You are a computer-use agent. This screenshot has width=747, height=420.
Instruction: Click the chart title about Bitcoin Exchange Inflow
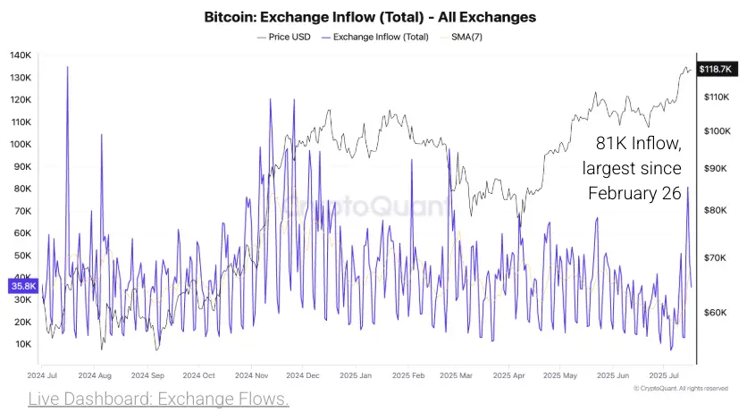370,17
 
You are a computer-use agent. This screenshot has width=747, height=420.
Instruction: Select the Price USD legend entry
288,37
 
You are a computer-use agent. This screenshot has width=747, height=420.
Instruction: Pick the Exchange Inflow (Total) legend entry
380,37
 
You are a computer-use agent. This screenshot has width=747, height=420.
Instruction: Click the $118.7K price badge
716,69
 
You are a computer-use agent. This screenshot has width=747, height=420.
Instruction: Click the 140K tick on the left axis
21,55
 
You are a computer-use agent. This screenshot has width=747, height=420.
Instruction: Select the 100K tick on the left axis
21,144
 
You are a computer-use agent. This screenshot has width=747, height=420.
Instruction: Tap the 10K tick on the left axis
22,344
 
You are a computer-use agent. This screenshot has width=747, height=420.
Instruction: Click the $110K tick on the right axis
718,96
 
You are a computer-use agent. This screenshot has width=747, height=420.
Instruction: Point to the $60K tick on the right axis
718,313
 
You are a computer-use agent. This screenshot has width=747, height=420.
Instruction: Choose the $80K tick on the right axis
718,210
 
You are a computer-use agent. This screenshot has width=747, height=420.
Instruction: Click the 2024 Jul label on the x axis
43,376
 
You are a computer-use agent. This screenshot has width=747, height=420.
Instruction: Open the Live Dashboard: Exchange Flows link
158,399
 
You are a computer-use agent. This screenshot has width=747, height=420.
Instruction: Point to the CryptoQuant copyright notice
681,389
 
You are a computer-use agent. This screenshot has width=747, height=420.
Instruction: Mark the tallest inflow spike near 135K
67,68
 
